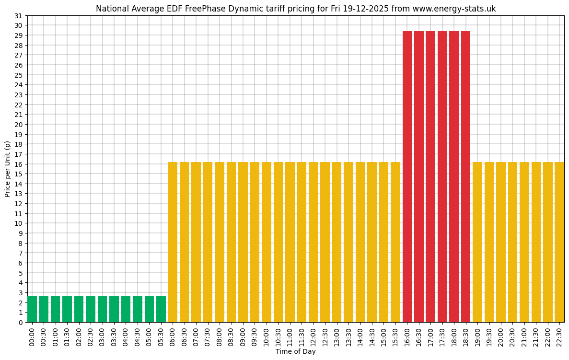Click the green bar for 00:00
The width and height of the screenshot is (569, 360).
click(x=32, y=309)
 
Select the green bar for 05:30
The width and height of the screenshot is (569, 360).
click(x=161, y=309)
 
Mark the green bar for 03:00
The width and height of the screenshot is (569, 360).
click(x=103, y=309)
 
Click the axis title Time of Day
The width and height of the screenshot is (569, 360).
click(x=295, y=352)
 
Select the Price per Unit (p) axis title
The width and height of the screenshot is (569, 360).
click(x=7, y=169)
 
